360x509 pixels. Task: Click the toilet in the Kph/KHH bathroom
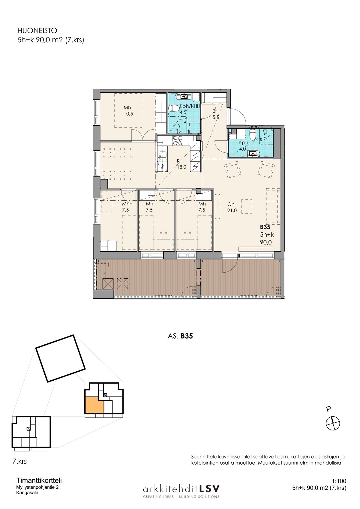click(x=174, y=108)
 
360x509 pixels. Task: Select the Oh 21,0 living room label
click(x=232, y=208)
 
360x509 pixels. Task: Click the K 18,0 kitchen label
click(x=181, y=164)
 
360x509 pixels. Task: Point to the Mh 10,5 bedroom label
click(x=128, y=111)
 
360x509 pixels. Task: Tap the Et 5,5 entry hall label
click(x=215, y=114)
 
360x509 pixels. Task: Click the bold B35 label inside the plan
click(x=265, y=227)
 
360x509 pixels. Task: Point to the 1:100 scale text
click(x=339, y=481)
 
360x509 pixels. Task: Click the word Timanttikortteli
click(x=39, y=481)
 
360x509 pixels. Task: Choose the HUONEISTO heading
click(x=37, y=31)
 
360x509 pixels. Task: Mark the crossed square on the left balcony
click(x=108, y=283)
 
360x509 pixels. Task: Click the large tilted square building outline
click(x=61, y=358)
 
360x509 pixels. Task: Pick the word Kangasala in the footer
click(x=27, y=493)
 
